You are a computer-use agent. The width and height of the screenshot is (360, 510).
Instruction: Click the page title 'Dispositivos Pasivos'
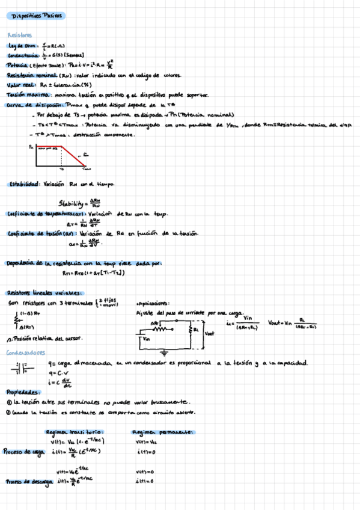[31, 16]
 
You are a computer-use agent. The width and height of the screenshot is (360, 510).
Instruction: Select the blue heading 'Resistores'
[20, 35]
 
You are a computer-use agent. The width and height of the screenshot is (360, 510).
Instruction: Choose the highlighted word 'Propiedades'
[22, 392]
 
